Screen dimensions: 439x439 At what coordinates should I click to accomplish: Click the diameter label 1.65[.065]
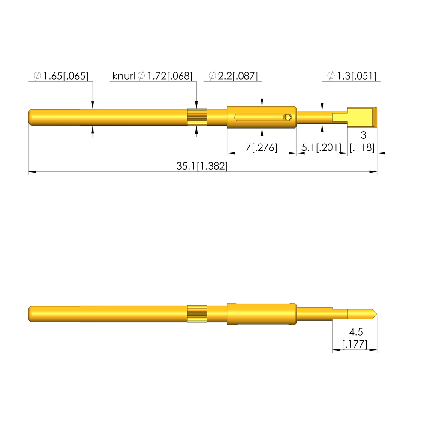61,76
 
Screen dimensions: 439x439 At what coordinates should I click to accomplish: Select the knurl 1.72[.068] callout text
152,76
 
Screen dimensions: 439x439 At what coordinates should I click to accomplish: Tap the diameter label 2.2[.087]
233,76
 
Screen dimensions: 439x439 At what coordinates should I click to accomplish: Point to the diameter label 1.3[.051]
352,76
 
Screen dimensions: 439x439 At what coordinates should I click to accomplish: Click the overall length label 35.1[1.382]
202,166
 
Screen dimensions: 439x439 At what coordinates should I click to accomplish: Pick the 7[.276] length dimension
261,147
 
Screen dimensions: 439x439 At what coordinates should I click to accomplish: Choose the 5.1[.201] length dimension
322,147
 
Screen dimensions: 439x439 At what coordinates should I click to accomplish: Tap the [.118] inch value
362,147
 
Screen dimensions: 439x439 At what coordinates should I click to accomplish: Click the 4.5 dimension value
356,332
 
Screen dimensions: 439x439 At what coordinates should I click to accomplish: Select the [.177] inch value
355,344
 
